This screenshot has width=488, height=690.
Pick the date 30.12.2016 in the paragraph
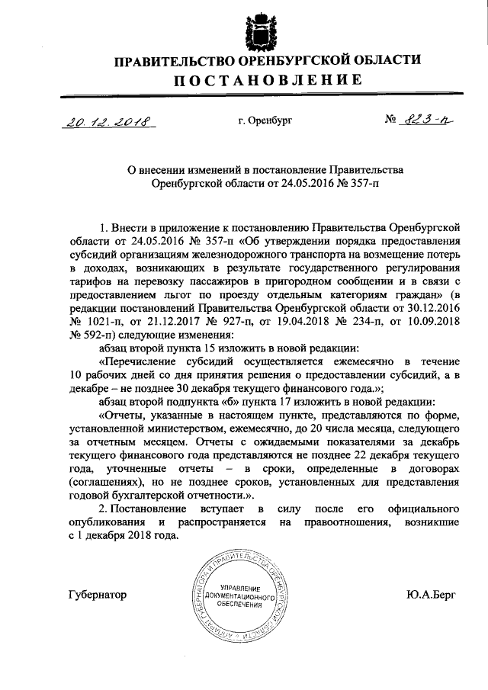tap(435, 309)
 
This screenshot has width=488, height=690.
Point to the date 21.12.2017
tap(175, 322)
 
